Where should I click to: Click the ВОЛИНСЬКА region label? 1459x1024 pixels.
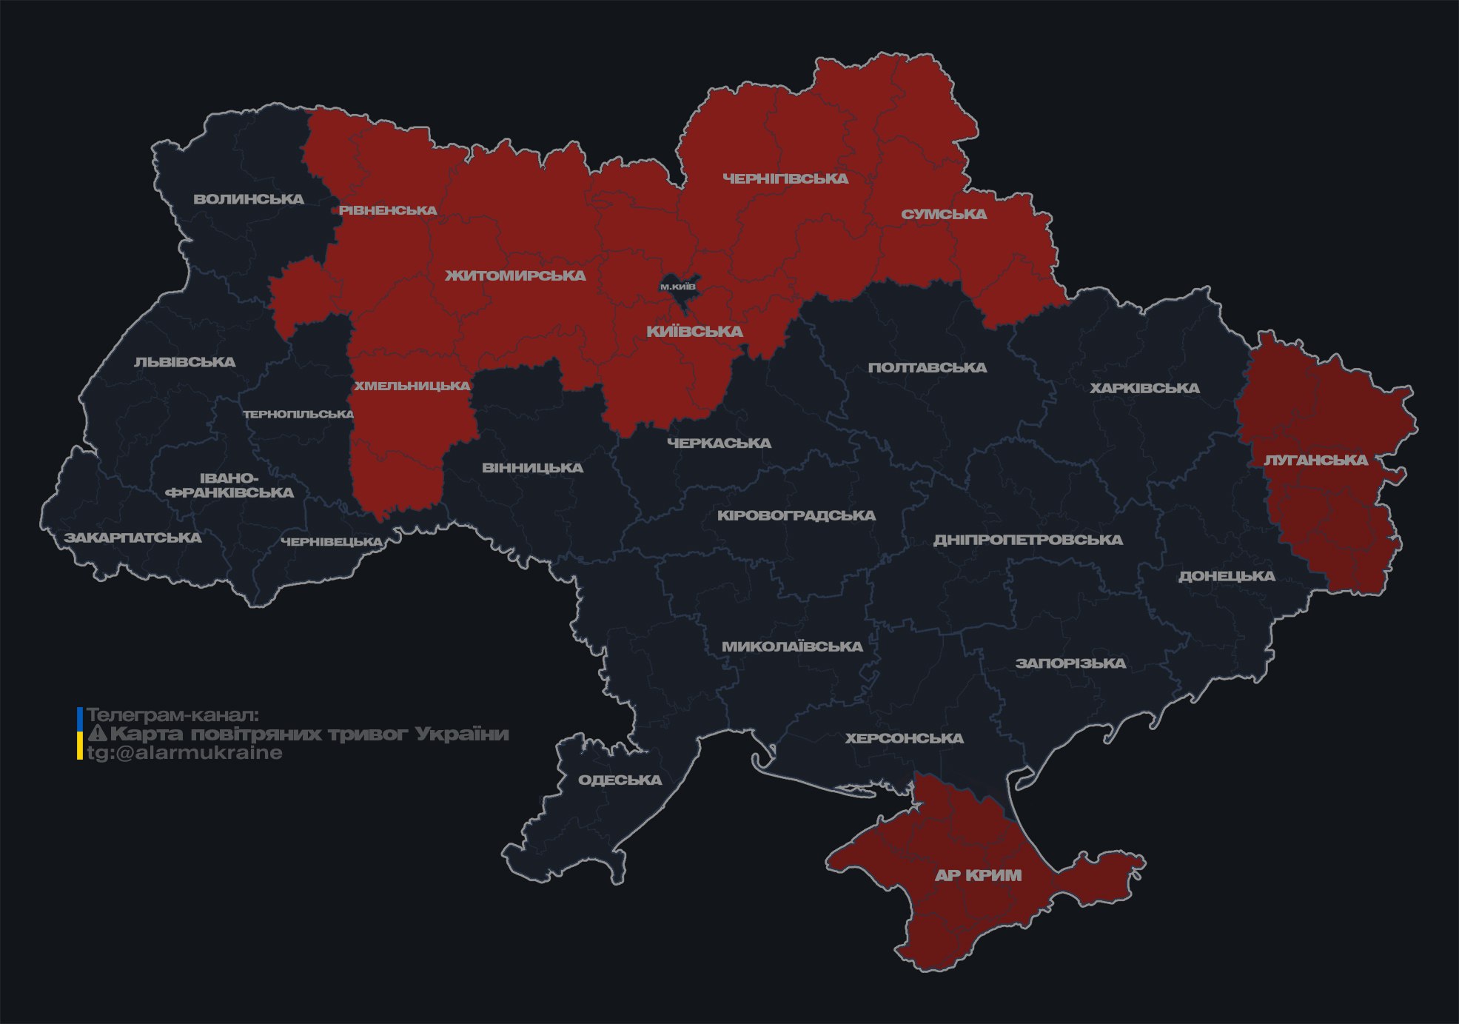tap(249, 199)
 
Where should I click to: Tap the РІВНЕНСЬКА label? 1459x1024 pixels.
tap(388, 210)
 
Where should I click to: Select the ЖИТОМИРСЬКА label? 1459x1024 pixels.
tap(515, 275)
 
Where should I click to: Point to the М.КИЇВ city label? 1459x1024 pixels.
tap(678, 287)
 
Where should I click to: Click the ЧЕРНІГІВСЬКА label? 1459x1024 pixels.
tap(785, 178)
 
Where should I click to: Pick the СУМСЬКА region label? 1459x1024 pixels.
tap(944, 214)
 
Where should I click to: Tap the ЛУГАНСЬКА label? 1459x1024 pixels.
tap(1315, 460)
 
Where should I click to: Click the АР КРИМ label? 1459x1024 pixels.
tap(978, 875)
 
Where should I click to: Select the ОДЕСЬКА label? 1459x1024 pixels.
tap(620, 780)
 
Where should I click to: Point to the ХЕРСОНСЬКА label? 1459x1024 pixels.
tap(904, 738)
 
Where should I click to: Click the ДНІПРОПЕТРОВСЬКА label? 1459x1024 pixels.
tap(1027, 540)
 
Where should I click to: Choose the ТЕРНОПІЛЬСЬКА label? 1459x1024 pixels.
tap(298, 414)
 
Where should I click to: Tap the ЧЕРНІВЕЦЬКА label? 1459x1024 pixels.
tap(331, 542)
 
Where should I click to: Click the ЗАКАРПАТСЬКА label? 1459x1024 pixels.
tap(133, 538)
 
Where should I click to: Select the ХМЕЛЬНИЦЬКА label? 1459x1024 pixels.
tap(412, 386)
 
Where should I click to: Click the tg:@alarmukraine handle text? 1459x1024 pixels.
tap(184, 753)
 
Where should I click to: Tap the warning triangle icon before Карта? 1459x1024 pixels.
tap(97, 734)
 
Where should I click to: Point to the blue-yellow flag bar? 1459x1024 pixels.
tap(80, 734)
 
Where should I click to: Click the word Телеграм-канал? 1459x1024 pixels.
tap(172, 715)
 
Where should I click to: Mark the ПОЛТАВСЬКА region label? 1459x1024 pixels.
tap(927, 367)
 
